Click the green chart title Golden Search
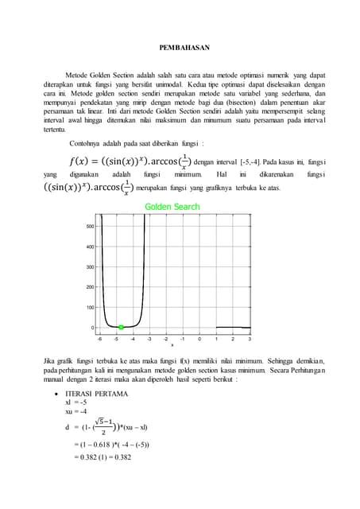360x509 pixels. coord(172,208)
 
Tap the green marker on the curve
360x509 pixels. coord(121,327)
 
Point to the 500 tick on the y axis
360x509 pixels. coord(89,226)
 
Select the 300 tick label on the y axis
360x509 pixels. coord(89,266)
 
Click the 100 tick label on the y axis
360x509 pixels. coord(89,307)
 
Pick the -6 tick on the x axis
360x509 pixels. coord(99,338)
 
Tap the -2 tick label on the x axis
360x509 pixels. coord(166,338)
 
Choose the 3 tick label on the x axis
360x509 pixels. coord(250,338)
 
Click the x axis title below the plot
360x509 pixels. coord(172,345)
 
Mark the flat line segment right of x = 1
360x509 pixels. coord(233,326)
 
